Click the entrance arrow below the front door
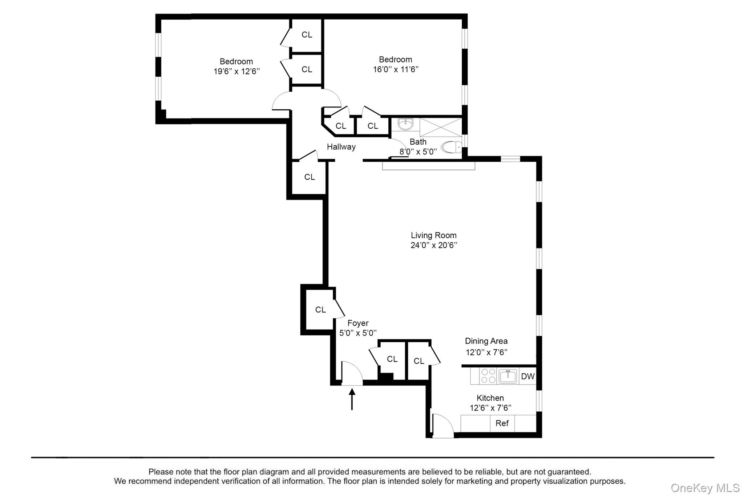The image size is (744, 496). tap(352, 399)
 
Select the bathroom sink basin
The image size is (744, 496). tap(405, 124)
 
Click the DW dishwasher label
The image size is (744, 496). tap(528, 376)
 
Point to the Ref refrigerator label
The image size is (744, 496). tap(502, 423)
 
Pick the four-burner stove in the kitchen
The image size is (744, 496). tap(488, 376)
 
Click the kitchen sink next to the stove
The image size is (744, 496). tap(508, 376)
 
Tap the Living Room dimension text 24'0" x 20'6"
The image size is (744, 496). tap(434, 245)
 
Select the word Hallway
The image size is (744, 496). tap(341, 147)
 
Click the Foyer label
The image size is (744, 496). tap(358, 323)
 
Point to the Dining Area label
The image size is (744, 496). tap(486, 341)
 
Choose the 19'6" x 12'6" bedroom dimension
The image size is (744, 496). tap(237, 71)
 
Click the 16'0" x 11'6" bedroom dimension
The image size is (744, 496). tap(396, 69)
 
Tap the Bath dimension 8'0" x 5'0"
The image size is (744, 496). tap(418, 152)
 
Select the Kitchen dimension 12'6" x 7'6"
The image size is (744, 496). tap(490, 408)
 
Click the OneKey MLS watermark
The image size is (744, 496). tap(705, 488)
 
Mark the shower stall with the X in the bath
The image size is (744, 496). tap(441, 127)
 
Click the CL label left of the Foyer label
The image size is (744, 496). tap(320, 310)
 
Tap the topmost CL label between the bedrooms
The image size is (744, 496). tap(307, 35)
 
